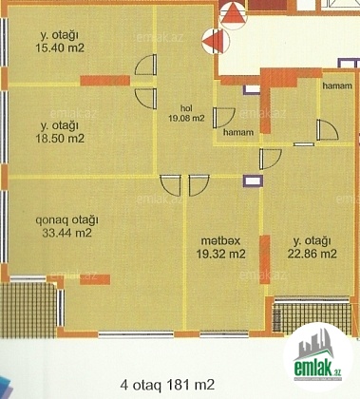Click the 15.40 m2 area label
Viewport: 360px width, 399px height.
pos(60,47)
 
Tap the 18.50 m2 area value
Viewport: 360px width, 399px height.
pos(60,139)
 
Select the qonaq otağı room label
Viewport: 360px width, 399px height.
pos(66,219)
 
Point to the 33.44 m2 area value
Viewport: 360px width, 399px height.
pos(66,233)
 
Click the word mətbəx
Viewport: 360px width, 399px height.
pos(220,240)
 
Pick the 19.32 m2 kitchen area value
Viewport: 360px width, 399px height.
pos(220,254)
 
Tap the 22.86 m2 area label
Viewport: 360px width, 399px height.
pos(312,254)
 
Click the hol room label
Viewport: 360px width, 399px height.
pos(186,108)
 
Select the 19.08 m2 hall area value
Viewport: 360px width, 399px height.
pos(186,119)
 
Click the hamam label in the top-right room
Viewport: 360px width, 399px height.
pos(337,85)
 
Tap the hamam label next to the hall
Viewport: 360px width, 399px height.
pos(238,132)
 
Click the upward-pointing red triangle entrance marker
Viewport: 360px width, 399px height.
pos(233,14)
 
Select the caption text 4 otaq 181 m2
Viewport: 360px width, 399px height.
pos(167,385)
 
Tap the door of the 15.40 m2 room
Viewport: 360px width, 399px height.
pos(146,65)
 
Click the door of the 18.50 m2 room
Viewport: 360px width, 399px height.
pos(146,99)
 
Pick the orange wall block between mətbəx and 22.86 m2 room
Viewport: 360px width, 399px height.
pos(265,259)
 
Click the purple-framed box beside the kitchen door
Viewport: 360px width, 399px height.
pos(253,180)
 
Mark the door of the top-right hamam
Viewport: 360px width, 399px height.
pos(328,129)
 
